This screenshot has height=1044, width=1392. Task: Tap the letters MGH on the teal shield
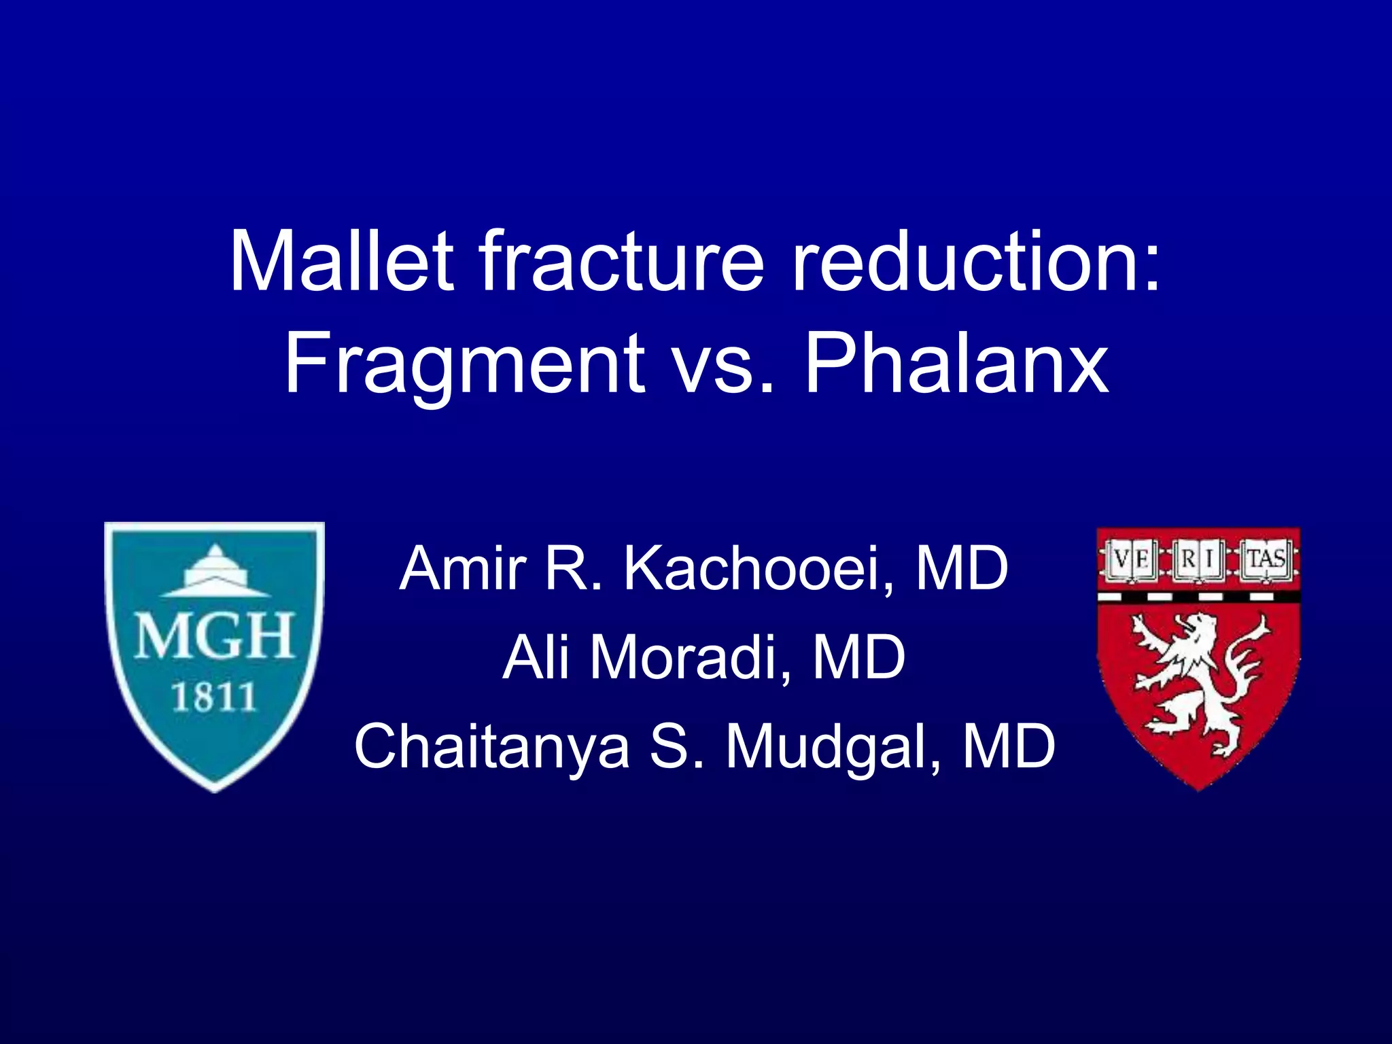click(x=215, y=636)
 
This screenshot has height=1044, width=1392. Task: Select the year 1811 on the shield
click(x=213, y=698)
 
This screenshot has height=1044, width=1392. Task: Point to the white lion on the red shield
click(x=1198, y=680)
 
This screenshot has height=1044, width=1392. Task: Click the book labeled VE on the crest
click(x=1130, y=560)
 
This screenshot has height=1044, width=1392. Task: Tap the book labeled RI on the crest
click(x=1198, y=560)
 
